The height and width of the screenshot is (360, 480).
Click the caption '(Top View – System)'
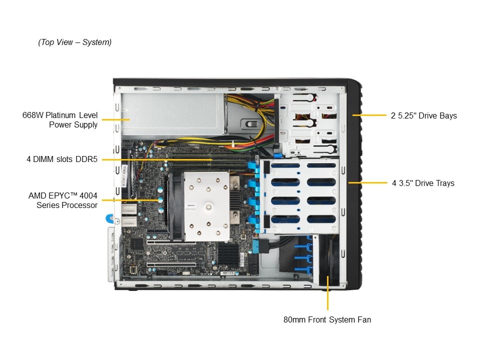tap(74, 42)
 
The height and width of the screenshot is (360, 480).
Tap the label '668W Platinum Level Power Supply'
tap(60, 119)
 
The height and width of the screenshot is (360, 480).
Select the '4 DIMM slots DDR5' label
tap(62, 159)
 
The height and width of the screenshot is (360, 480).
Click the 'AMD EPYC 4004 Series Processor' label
tap(63, 200)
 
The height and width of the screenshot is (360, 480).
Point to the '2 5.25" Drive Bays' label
tap(423, 115)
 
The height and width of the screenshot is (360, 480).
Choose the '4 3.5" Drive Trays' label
tap(423, 183)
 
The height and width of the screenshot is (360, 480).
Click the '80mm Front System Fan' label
tap(327, 319)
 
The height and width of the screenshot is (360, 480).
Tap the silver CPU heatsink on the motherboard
tap(206, 206)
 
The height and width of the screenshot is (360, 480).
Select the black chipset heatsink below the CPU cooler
tap(228, 254)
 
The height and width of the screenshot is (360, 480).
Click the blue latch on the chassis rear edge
tap(109, 218)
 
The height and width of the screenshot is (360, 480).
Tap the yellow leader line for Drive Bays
tap(369, 115)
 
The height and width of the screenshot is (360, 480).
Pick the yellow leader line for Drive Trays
tap(367, 183)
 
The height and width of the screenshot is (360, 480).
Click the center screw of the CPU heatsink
tap(208, 207)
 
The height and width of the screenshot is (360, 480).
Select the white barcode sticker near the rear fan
tap(124, 176)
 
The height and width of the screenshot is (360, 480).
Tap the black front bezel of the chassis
tap(354, 183)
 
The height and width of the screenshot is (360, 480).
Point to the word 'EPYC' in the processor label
tap(59, 195)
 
